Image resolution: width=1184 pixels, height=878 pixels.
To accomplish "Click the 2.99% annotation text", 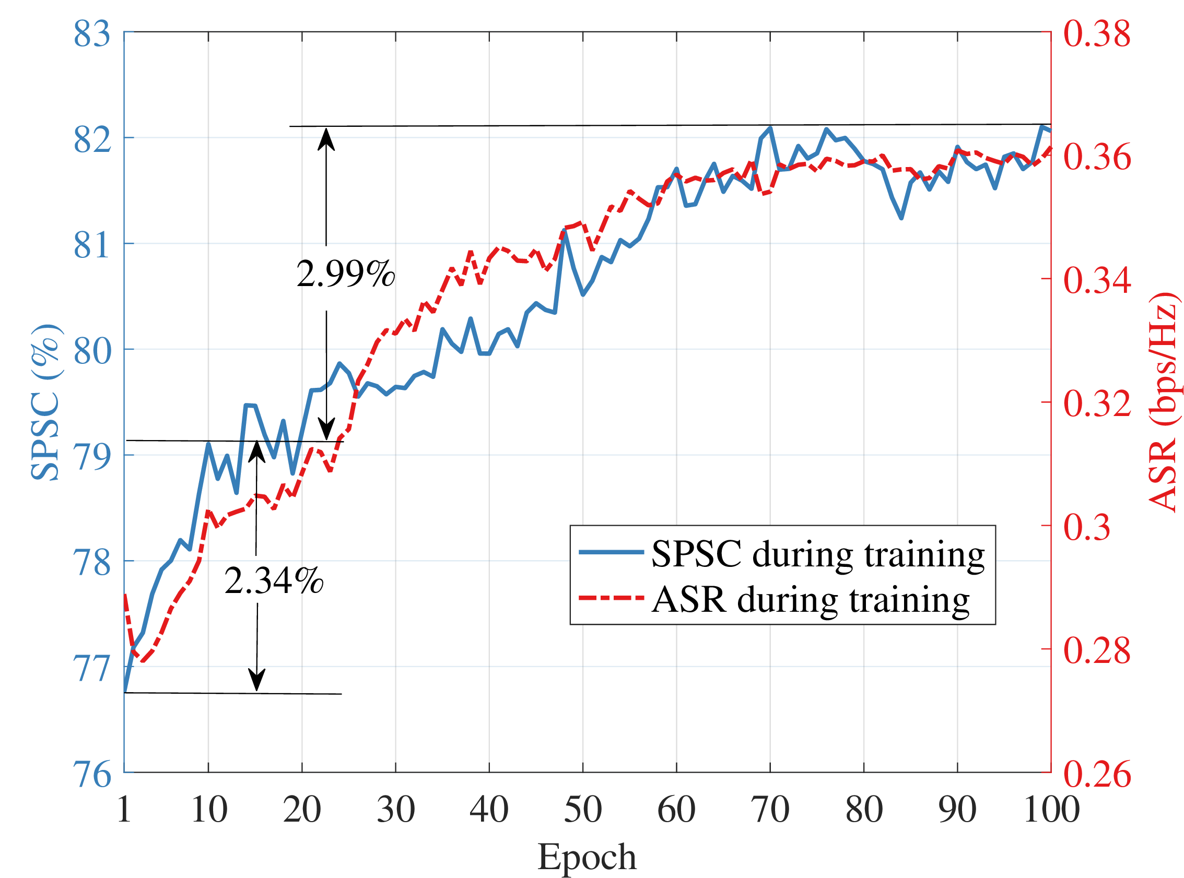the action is click(x=346, y=275).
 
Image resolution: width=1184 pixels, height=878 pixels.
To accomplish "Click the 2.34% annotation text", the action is click(x=274, y=580).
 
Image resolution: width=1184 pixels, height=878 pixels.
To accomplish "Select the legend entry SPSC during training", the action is click(x=818, y=554).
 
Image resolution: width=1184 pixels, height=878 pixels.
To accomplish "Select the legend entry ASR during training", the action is click(x=810, y=600).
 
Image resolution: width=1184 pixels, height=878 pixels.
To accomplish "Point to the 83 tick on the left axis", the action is click(x=91, y=33).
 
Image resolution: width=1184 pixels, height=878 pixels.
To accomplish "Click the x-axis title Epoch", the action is click(x=587, y=857).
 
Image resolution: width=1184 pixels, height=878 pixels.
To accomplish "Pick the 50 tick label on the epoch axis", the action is click(x=583, y=810).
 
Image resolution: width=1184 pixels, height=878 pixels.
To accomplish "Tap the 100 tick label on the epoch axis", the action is click(x=1051, y=810).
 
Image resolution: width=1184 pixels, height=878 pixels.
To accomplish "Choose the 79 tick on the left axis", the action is click(x=91, y=456).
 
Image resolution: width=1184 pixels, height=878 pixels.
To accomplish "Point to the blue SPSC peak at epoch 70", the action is click(x=770, y=128).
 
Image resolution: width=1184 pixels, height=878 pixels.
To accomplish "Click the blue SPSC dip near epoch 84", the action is click(x=901, y=217).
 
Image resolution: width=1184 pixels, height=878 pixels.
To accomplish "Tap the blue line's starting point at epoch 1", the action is click(x=125, y=692).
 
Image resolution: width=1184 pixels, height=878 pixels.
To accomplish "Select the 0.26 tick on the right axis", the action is click(x=1096, y=774).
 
